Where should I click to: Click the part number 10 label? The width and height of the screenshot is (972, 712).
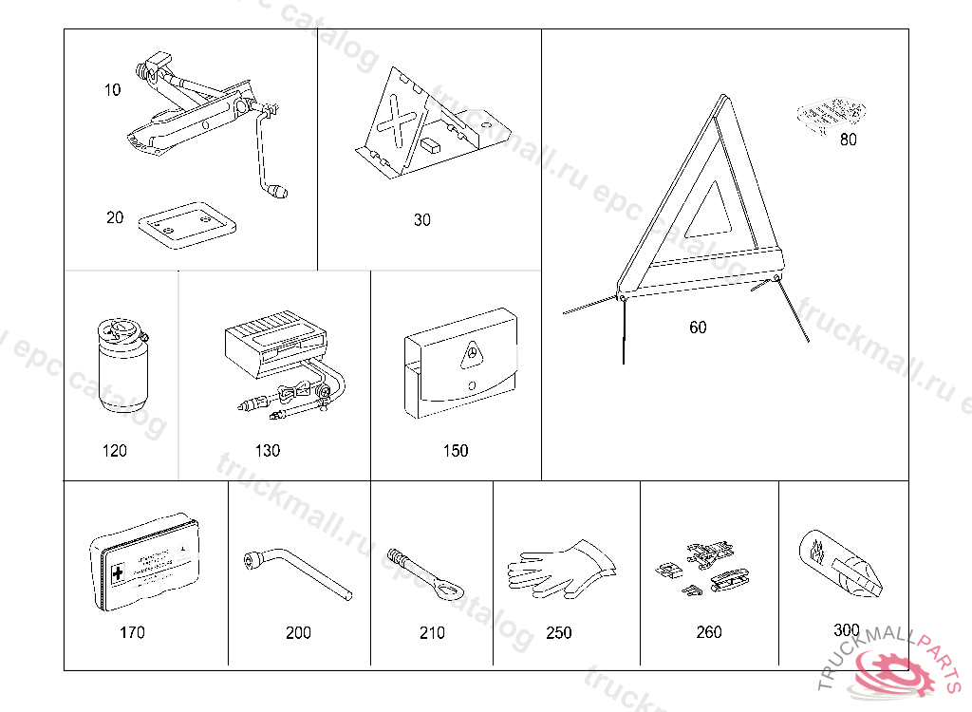pos(113,90)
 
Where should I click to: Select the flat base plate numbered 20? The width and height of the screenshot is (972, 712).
pos(186,225)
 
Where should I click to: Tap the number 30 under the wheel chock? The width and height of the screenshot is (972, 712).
pos(422,220)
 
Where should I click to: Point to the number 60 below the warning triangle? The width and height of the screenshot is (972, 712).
pos(698,328)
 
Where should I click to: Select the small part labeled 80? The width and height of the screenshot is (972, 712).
pos(830,115)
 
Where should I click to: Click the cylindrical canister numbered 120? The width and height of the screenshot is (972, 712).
pos(121,369)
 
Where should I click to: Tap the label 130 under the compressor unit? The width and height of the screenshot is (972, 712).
pos(268,451)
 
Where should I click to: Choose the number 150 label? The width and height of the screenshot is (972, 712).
pos(456,451)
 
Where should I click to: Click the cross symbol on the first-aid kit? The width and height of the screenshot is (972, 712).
pos(118,574)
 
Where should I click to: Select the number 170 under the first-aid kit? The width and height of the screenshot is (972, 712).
pos(133,632)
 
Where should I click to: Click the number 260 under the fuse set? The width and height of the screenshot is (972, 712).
pos(709,632)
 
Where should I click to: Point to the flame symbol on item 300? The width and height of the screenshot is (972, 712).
pos(817,549)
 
